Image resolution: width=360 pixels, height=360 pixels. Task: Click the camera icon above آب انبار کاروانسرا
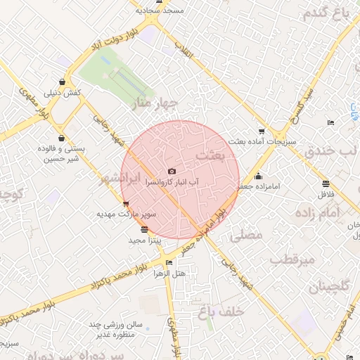pyautogui.click(x=172, y=171)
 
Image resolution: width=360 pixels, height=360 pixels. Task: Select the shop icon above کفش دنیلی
pyautogui.click(x=64, y=82)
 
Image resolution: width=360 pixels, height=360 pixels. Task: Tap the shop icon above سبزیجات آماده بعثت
pyautogui.click(x=262, y=131)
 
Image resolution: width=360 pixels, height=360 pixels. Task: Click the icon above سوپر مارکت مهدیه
pyautogui.click(x=126, y=203)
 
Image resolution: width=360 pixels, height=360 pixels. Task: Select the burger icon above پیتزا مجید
pyautogui.click(x=145, y=229)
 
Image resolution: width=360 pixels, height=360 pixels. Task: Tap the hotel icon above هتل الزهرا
pyautogui.click(x=168, y=263)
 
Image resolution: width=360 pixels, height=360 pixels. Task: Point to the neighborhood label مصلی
pyautogui.click(x=247, y=235)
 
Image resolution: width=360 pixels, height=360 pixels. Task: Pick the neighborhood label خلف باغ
pyautogui.click(x=221, y=310)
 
